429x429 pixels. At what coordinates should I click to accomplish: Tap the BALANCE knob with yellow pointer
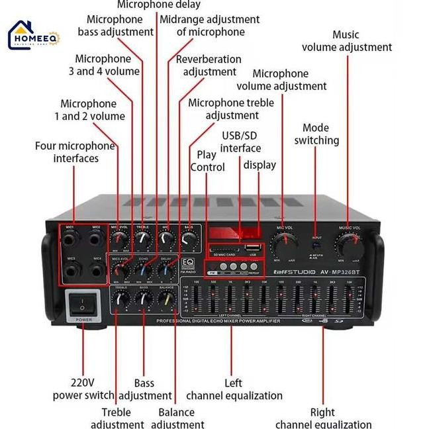pos(166,299)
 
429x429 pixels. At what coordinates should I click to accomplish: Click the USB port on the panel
pos(253,247)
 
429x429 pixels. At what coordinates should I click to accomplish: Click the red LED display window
pos(232,233)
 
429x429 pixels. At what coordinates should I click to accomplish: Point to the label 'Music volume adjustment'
pos(346,40)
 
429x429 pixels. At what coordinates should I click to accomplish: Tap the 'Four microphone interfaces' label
pos(75,152)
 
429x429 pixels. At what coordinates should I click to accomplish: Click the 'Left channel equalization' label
pos(234,389)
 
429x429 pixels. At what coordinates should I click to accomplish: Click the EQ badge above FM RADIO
pos(187,262)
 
